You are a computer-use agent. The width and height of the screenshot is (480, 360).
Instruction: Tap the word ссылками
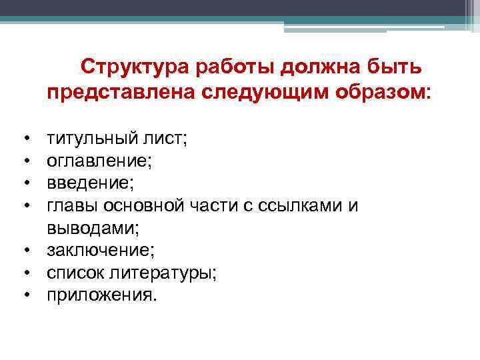click(x=303, y=206)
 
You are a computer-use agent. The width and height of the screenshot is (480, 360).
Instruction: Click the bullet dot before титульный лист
click(x=26, y=139)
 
